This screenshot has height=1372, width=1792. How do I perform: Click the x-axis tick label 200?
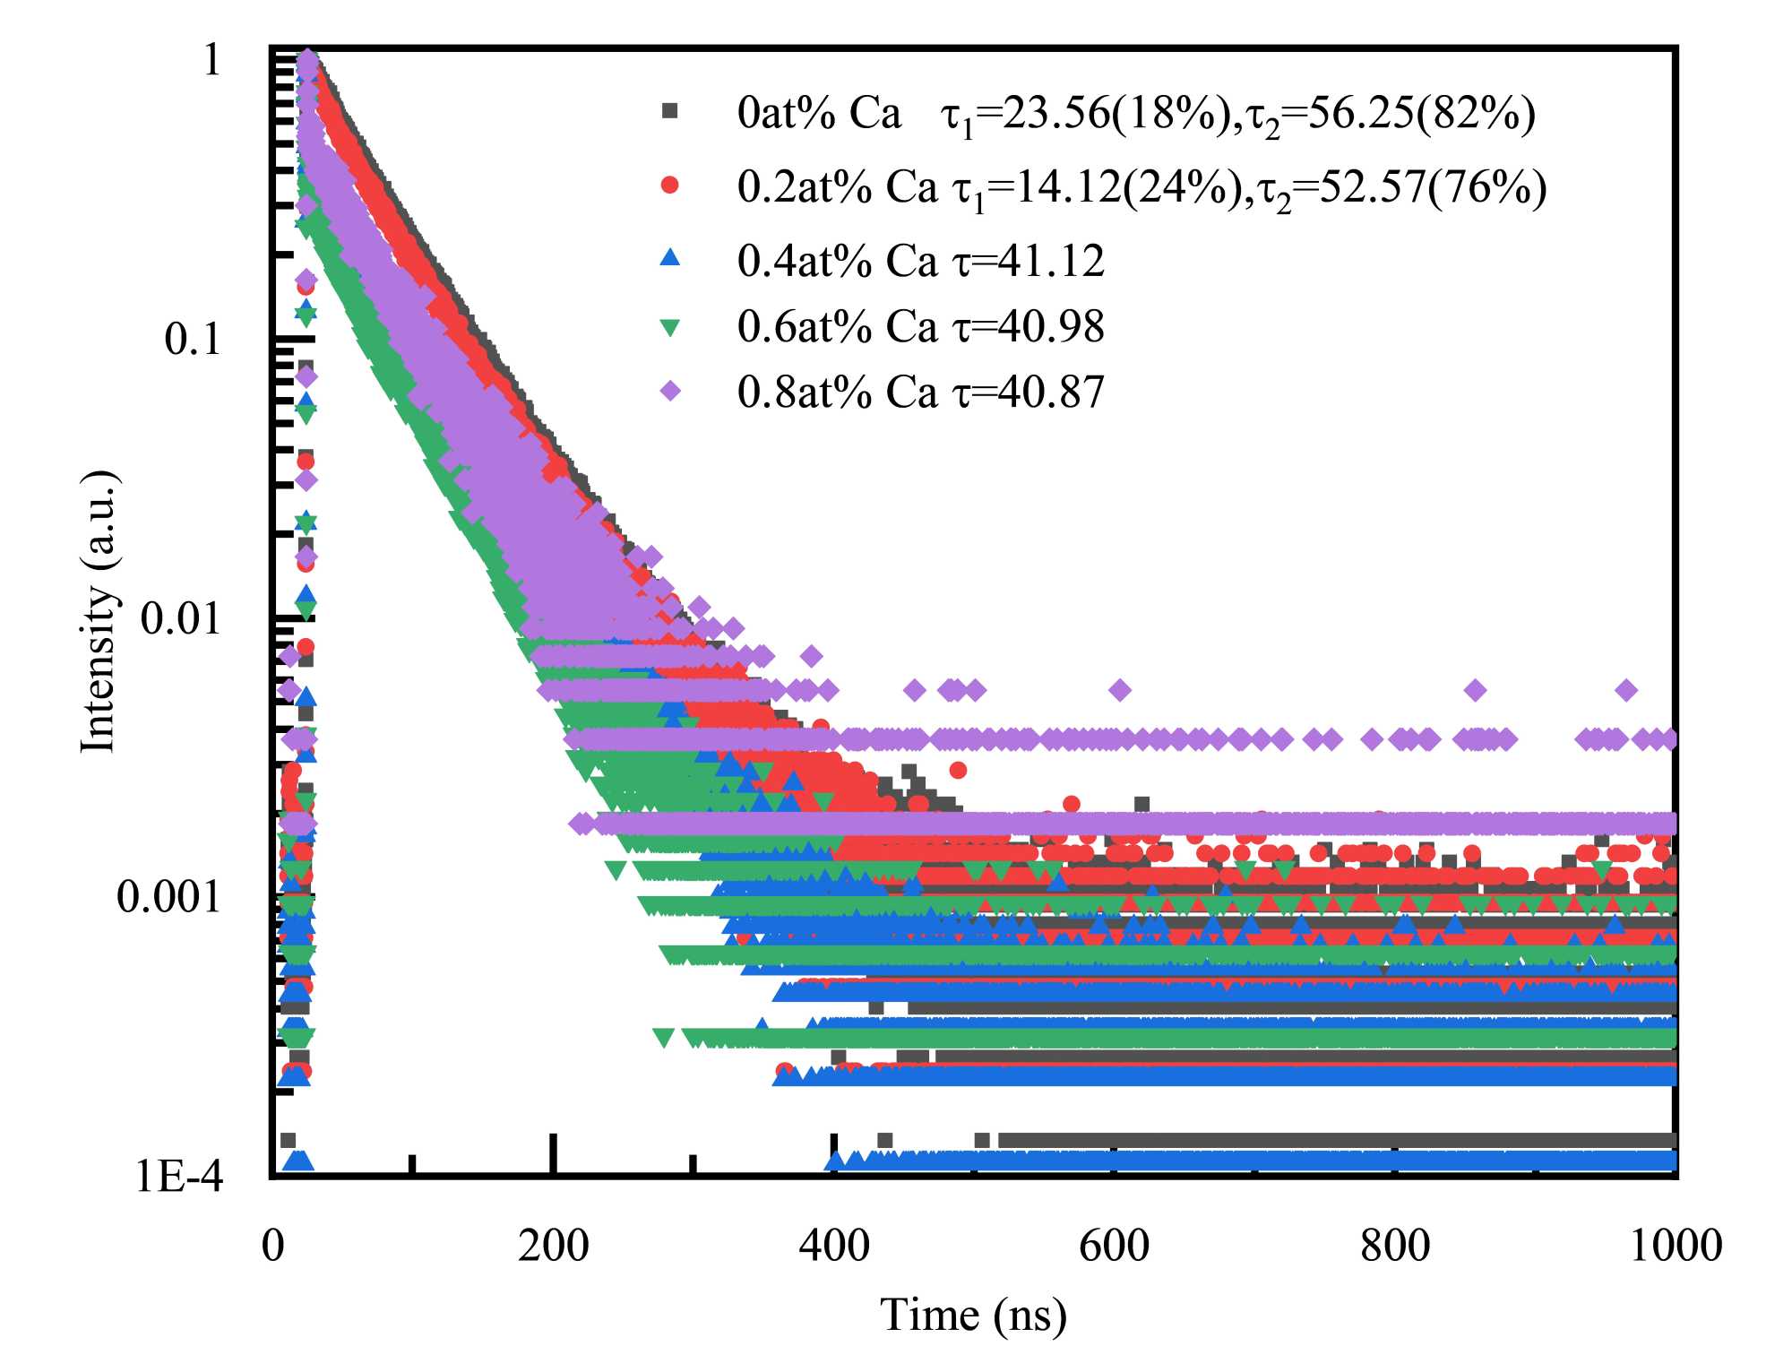553,1246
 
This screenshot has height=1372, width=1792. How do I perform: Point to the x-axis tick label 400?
834,1246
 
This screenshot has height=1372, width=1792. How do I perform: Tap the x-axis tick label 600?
1114,1246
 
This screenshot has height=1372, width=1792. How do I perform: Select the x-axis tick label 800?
1395,1246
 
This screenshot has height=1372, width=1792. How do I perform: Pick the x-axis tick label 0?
273,1246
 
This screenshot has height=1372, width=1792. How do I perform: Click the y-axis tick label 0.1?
192,339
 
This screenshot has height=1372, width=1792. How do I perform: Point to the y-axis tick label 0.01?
180,618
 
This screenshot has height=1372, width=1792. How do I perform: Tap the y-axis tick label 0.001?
168,896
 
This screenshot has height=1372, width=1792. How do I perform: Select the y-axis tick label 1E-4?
179,1176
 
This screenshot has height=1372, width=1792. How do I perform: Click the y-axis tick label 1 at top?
211,61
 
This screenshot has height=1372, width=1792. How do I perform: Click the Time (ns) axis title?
973,1316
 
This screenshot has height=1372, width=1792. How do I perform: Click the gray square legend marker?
669,111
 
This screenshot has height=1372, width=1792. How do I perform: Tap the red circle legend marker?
669,186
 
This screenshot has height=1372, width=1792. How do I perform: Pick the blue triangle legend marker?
669,259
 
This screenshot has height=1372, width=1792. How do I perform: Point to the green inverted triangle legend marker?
669,328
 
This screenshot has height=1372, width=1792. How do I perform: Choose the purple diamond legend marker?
669,392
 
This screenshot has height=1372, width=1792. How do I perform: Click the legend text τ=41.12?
1028,261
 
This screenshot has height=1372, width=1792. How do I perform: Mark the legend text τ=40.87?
1028,393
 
